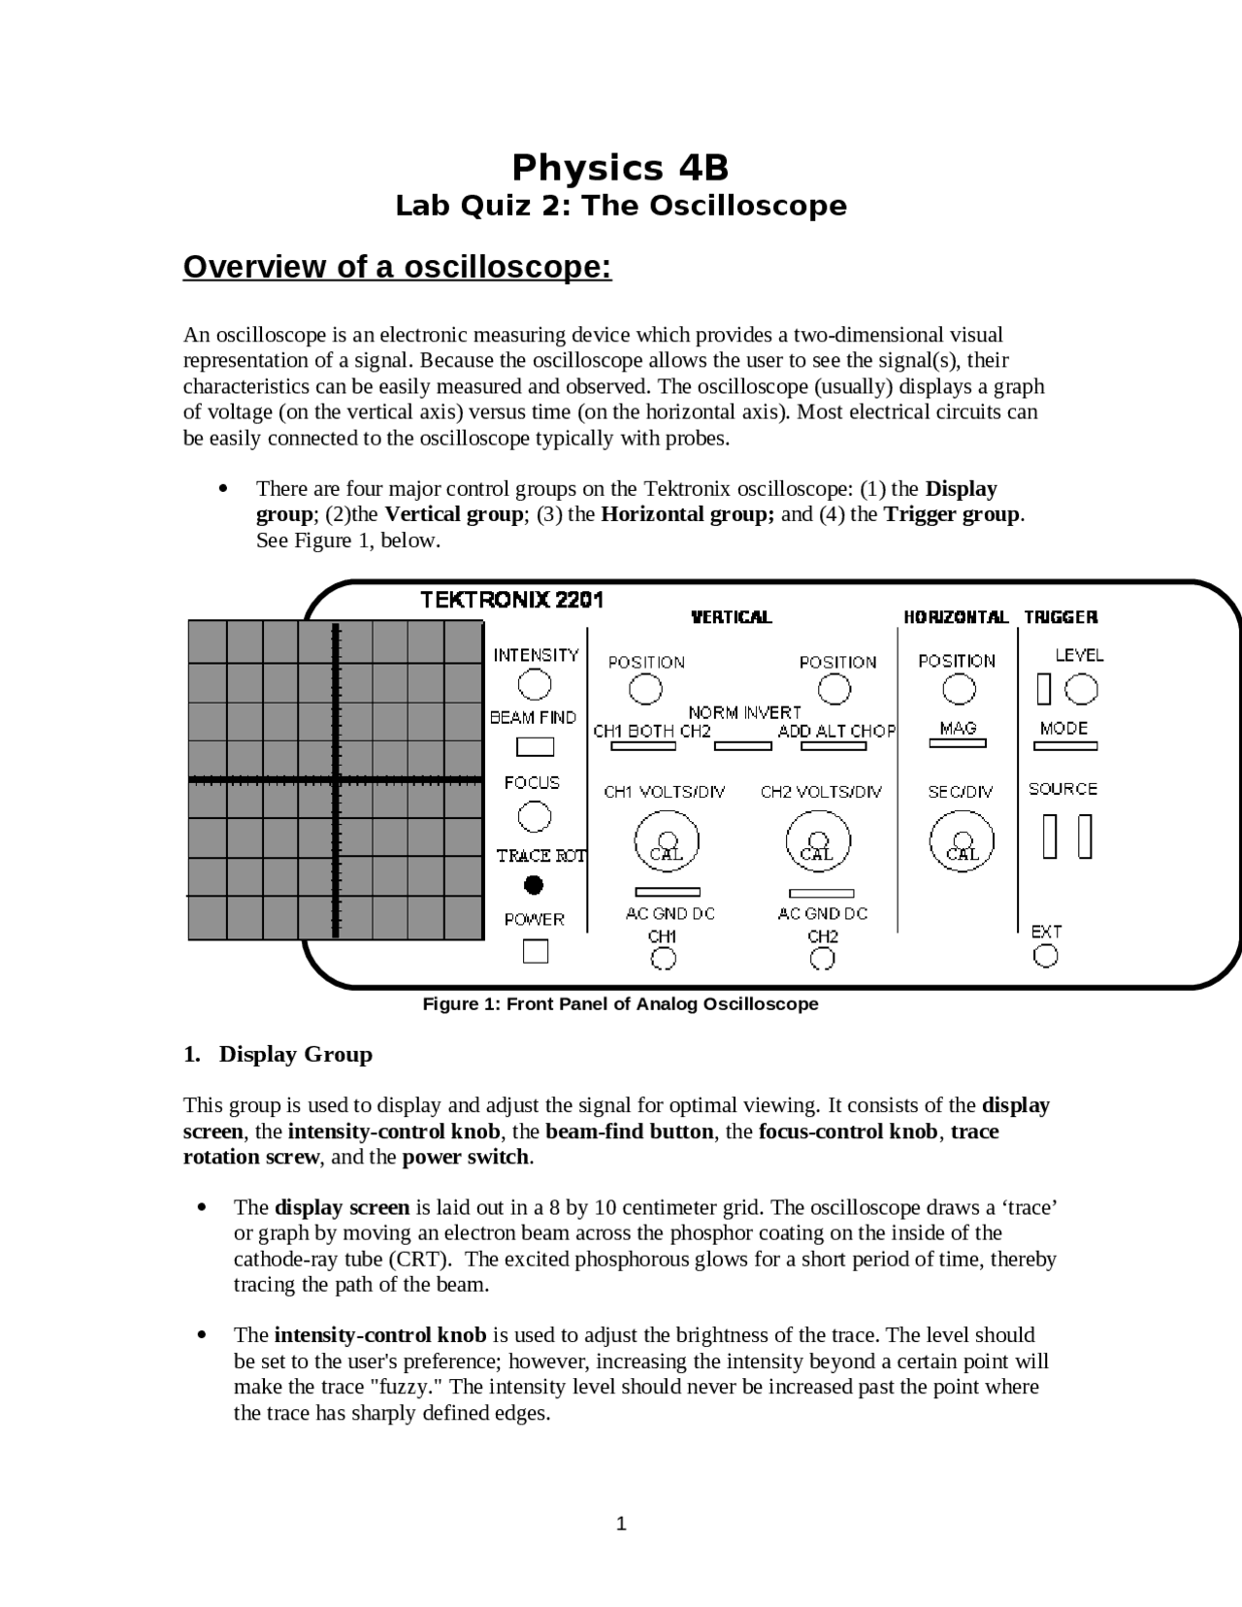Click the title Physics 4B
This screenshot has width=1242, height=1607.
(620, 168)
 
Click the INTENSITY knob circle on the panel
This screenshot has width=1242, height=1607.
(535, 685)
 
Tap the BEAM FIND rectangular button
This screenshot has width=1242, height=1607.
(535, 746)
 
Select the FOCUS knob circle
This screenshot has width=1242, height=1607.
(534, 817)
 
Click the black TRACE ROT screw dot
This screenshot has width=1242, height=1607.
(534, 885)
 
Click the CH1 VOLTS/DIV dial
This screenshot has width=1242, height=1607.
(667, 841)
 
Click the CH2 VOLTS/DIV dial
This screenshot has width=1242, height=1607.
(818, 841)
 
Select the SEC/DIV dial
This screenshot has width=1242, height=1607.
(962, 841)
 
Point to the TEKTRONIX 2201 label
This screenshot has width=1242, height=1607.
(511, 600)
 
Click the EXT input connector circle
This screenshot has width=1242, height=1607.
(1045, 956)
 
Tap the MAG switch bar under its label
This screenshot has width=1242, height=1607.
(958, 743)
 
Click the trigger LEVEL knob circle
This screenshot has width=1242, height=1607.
(1081, 690)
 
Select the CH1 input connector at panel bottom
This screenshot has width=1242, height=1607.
(663, 959)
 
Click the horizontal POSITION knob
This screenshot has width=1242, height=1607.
(959, 690)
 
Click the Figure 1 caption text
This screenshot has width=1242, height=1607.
(620, 1004)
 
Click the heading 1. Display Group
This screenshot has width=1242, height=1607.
(278, 1055)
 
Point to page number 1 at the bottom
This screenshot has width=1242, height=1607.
(621, 1525)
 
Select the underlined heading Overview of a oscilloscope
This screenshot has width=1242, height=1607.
(397, 267)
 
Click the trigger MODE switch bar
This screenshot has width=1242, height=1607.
(1065, 746)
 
